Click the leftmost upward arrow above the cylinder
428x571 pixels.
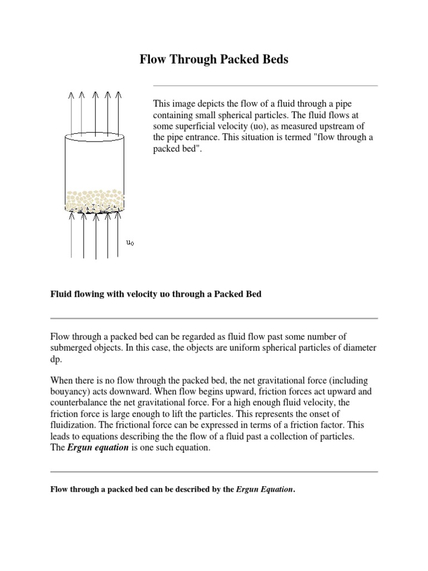pyautogui.click(x=71, y=112)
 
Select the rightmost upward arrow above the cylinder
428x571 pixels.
pyautogui.click(x=118, y=112)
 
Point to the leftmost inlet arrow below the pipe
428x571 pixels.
pyautogui.click(x=71, y=234)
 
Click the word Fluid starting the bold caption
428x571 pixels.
pyautogui.click(x=61, y=294)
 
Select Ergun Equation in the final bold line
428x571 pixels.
pyautogui.click(x=264, y=490)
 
